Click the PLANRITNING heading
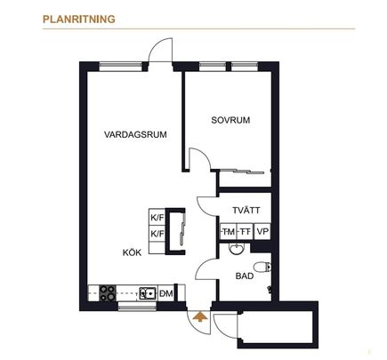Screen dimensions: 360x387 (78, 17)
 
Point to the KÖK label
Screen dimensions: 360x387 (132, 252)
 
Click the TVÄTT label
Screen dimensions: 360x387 (246, 211)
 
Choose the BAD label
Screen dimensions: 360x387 (244, 276)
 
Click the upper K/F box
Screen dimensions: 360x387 (157, 217)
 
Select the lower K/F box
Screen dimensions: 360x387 (157, 233)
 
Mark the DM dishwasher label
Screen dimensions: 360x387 (165, 292)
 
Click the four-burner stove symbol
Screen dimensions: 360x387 (108, 292)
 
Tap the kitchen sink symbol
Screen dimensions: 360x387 (147, 292)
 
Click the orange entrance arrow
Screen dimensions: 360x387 (199, 314)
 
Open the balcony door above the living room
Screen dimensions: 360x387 (162, 52)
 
